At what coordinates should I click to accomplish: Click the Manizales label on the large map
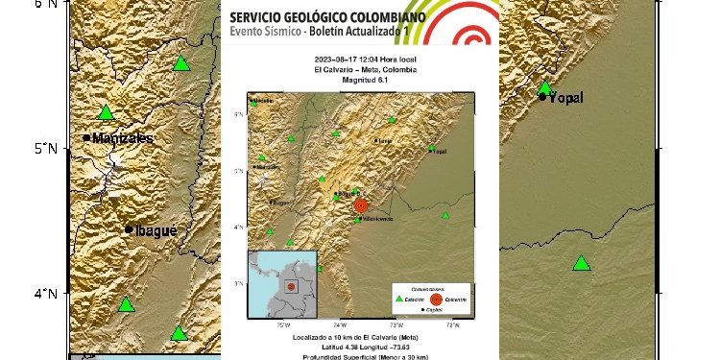123,138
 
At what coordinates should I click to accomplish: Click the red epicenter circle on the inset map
361,205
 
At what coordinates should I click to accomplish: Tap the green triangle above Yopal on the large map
545,88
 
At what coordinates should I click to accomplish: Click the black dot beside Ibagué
129,229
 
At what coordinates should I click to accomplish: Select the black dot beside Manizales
86,138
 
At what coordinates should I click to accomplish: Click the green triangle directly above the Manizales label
106,112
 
